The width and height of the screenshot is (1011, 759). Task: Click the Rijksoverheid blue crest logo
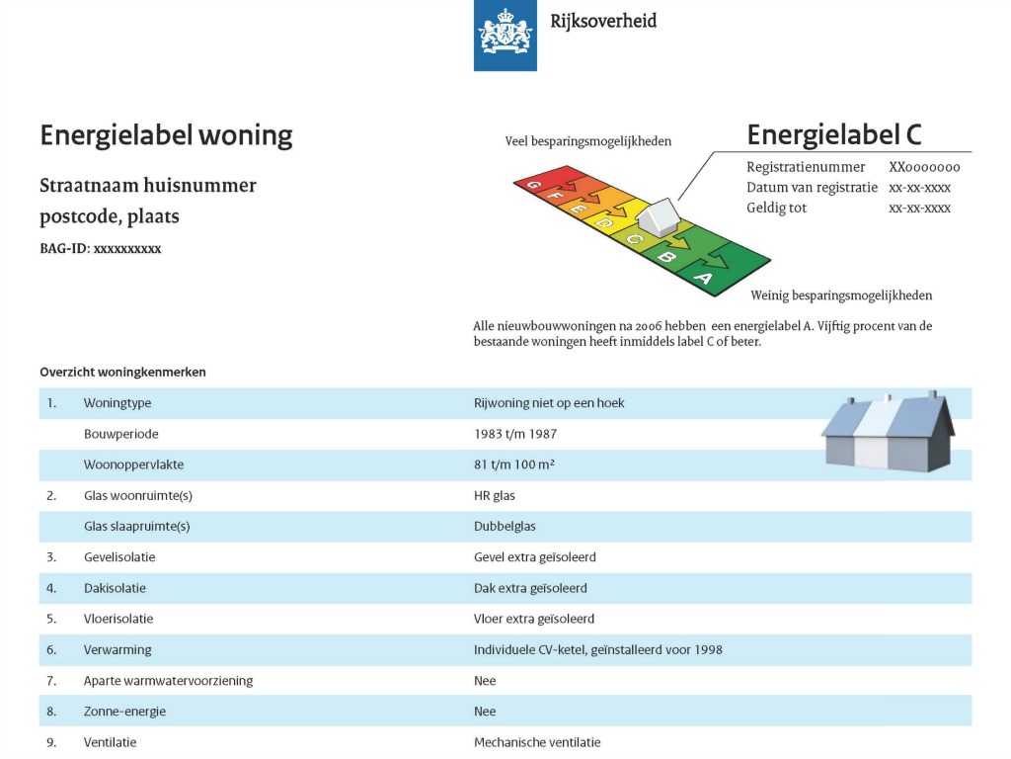pos(505,36)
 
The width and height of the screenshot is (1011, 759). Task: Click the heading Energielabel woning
pos(166,135)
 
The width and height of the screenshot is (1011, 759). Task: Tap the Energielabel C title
pos(834,134)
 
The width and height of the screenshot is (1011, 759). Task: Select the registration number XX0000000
pos(924,167)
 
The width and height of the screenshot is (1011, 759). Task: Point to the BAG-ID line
pos(100,249)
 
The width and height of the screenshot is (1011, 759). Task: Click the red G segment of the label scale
pos(534,184)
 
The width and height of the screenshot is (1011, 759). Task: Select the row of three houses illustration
pos(887,431)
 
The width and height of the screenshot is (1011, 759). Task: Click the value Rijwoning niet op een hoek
pos(549,403)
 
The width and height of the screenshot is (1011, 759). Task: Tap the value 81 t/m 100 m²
pos(514,464)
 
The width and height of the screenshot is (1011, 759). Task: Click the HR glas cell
pos(495,495)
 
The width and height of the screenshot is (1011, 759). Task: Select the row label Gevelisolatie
pos(119,557)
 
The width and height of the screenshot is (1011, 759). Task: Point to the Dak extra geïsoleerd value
pos(530,588)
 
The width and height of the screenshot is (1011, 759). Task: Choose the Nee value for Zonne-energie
pos(485,712)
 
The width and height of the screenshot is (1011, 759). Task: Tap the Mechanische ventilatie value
pos(537,742)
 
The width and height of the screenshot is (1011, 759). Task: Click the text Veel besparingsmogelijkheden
pos(588,141)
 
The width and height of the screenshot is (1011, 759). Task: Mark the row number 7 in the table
pos(51,681)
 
